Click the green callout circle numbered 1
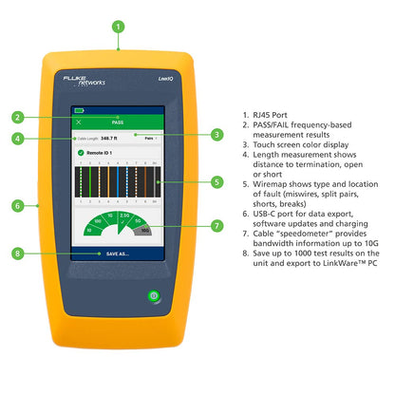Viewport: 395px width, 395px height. (x=118, y=27)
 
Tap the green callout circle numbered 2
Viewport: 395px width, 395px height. (x=18, y=118)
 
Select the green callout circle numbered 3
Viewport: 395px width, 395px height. (x=217, y=135)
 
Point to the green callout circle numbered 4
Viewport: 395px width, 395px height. (x=18, y=139)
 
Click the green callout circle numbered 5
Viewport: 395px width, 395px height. (x=217, y=181)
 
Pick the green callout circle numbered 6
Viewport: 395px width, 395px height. (x=18, y=204)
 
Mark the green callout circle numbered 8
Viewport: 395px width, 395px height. (x=18, y=254)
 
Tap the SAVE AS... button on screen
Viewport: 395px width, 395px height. (x=119, y=254)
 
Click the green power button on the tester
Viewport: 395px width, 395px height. (x=153, y=296)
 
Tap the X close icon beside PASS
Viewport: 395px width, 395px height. (x=78, y=122)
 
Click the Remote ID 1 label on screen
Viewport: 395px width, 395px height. (x=103, y=153)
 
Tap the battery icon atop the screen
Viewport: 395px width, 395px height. (x=80, y=111)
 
